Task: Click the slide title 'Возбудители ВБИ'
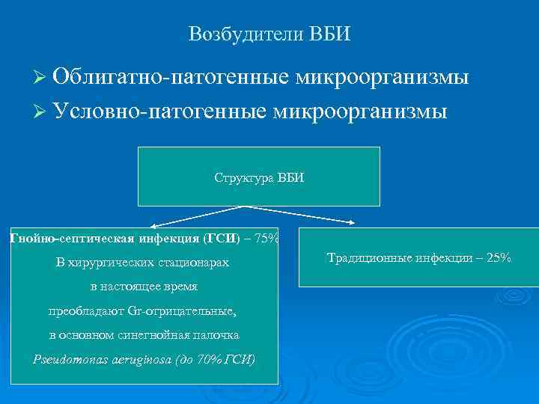pos(269,34)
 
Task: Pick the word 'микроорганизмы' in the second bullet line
pos(360,111)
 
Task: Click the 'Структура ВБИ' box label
pos(259,178)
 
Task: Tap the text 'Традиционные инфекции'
pos(396,258)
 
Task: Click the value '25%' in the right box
pos(497,258)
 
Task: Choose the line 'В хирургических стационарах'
pos(142,263)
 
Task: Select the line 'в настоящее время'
pos(142,287)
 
